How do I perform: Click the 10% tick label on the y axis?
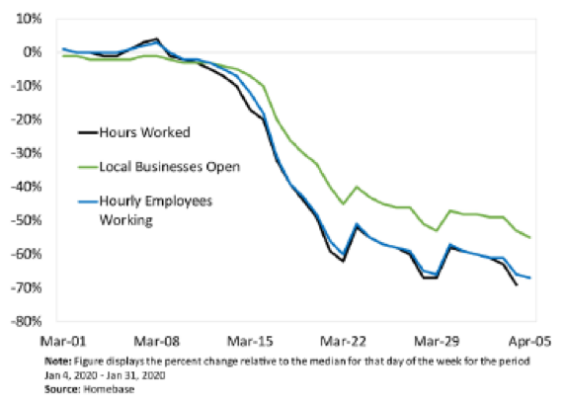coord(29,19)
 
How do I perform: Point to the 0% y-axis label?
coord(33,52)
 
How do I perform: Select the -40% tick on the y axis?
coord(27,187)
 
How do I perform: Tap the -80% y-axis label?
coord(27,321)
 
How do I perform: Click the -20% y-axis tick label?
coord(27,120)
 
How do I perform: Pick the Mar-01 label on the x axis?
coord(63,341)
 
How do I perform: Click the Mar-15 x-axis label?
coord(250,341)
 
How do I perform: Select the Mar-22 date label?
coord(343,341)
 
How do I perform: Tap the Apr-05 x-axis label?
coord(529,341)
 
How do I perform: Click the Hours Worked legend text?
coord(145,132)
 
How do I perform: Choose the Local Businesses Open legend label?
coord(170,167)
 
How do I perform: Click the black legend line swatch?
coord(88,132)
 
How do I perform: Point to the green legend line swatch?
coord(88,167)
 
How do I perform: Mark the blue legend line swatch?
coord(88,201)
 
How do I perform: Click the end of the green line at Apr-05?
coord(529,237)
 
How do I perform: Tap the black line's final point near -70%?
coord(517,284)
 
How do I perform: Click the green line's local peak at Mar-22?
coord(357,187)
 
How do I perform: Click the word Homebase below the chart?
coord(109,389)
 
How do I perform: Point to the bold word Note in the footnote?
coord(57,362)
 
